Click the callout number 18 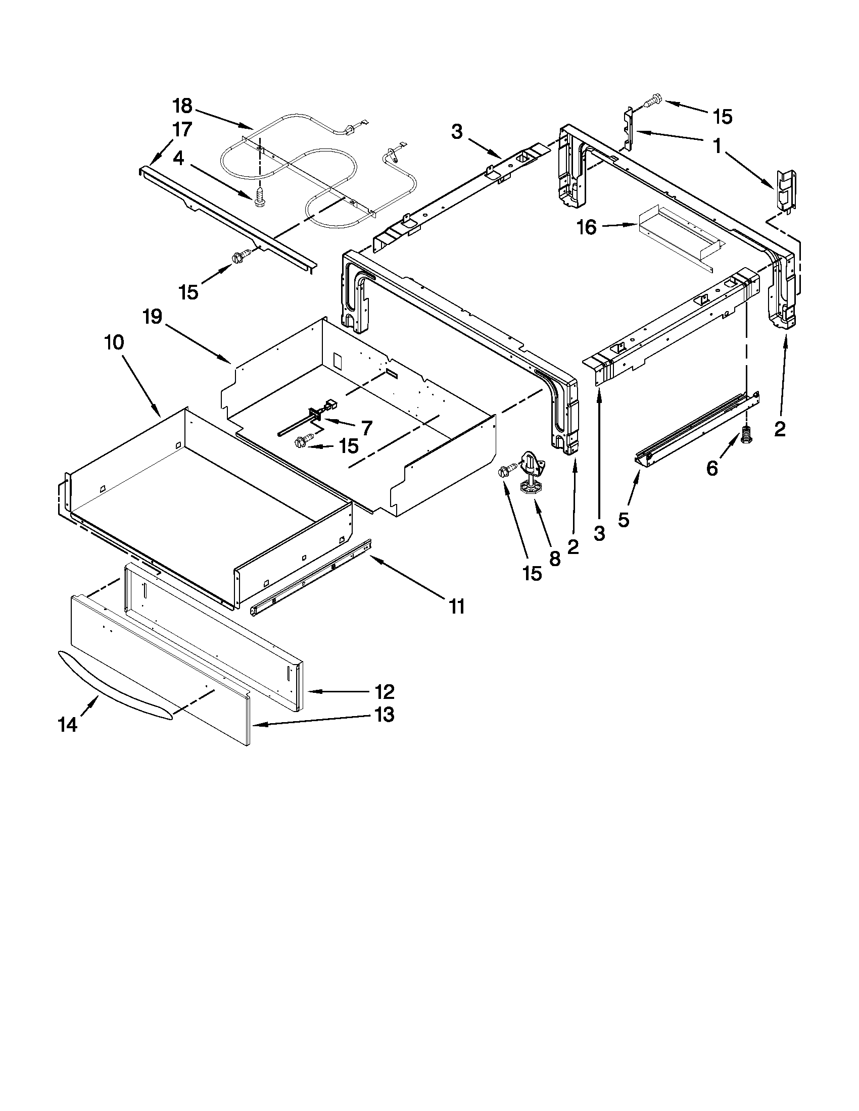pyautogui.click(x=182, y=106)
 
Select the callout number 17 pyautogui.click(x=182, y=130)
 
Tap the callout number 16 pyautogui.click(x=587, y=227)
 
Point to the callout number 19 pyautogui.click(x=152, y=317)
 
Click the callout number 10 pyautogui.click(x=114, y=342)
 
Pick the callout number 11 pyautogui.click(x=456, y=606)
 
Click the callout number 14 pyautogui.click(x=68, y=724)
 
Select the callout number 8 pyautogui.click(x=555, y=559)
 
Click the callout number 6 pyautogui.click(x=712, y=468)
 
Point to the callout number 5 pyautogui.click(x=624, y=519)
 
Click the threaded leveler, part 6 pyautogui.click(x=747, y=435)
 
